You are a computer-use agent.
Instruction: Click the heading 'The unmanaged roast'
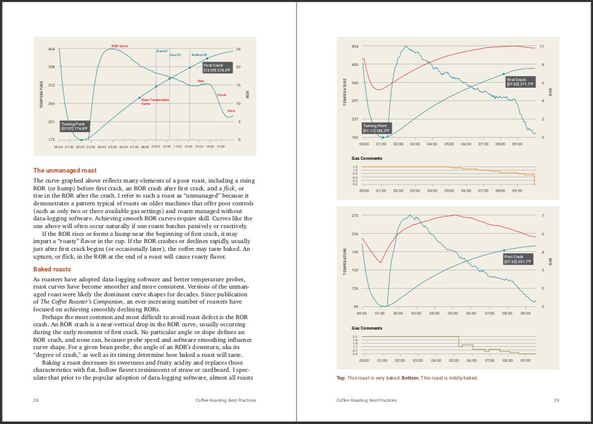[65, 170]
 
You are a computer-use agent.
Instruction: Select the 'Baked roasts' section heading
[52, 269]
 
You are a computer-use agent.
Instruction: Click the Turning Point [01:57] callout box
[74, 126]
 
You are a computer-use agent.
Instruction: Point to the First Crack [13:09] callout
[217, 68]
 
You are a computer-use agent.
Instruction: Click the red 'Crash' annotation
[222, 95]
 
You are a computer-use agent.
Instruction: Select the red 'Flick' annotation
[231, 111]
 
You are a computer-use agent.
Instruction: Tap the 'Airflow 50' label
[199, 55]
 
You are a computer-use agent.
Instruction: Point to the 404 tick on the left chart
[52, 49]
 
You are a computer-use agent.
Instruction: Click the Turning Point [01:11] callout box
[377, 128]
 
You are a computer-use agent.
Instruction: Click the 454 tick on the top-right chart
[355, 46]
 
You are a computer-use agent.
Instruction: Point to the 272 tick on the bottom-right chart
[355, 215]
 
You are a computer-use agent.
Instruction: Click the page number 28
[36, 400]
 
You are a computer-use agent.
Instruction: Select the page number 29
[556, 400]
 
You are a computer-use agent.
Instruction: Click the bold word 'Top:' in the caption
[341, 378]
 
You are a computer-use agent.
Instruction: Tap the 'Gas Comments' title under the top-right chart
[367, 159]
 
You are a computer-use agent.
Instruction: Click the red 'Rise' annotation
[201, 81]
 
